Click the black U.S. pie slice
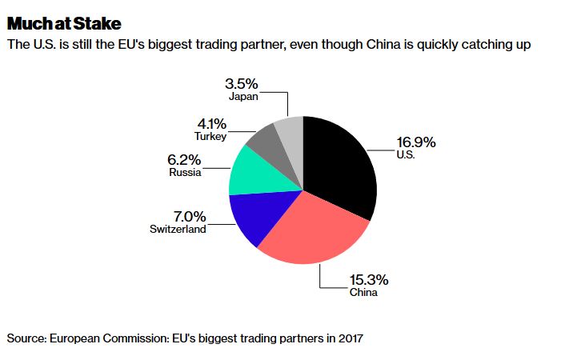(x=340, y=164)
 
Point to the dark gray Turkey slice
(x=265, y=142)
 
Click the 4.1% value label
(x=210, y=124)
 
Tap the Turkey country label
(x=210, y=137)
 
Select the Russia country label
(x=185, y=172)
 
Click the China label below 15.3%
(x=363, y=292)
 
